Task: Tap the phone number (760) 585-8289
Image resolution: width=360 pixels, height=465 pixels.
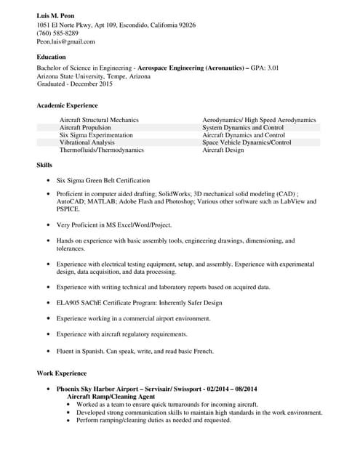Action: [57, 33]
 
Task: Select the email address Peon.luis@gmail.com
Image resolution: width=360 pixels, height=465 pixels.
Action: [65, 41]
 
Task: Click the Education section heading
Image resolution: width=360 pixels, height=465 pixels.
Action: [51, 57]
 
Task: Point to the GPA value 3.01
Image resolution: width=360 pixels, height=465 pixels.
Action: [270, 68]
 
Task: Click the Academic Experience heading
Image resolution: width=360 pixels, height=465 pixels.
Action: [67, 105]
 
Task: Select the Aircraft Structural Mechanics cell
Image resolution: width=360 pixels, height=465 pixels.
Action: [99, 119]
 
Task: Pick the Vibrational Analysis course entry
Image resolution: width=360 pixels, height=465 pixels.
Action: [88, 142]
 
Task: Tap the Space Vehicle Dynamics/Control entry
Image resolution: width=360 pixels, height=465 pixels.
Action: [247, 142]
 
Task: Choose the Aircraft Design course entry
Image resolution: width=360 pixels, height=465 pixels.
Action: [223, 150]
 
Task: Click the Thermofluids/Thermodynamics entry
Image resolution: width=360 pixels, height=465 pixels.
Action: [101, 150]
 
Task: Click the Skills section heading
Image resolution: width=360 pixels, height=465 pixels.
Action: [45, 166]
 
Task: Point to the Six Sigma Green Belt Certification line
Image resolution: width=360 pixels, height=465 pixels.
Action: [103, 180]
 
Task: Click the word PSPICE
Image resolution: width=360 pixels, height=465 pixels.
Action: [68, 209]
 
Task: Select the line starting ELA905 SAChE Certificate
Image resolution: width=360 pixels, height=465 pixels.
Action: [139, 302]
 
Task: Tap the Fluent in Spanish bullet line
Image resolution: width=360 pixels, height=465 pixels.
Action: [135, 351]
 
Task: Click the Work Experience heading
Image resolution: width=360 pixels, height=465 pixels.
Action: [61, 373]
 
